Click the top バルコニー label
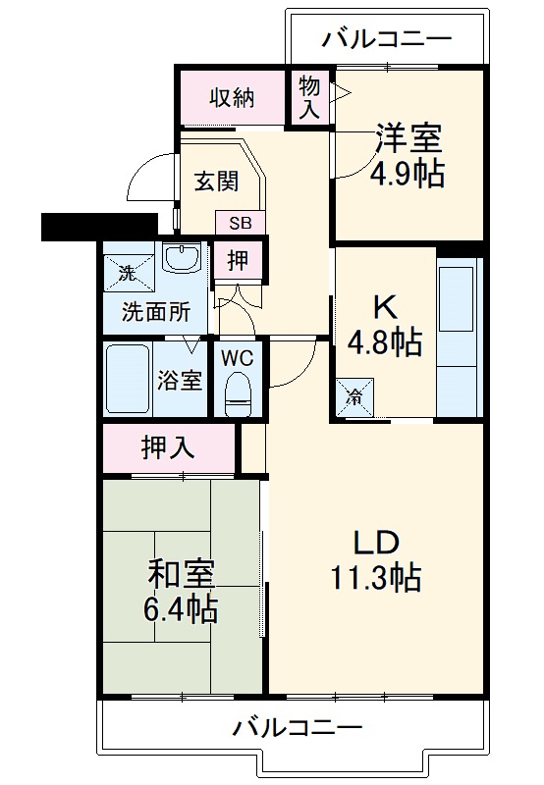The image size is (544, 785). (x=387, y=39)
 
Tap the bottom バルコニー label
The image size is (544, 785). (x=297, y=727)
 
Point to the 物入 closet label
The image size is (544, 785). (x=309, y=97)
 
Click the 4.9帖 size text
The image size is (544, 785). (x=407, y=174)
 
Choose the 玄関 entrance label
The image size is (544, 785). (x=214, y=182)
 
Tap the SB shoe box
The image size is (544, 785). (x=241, y=223)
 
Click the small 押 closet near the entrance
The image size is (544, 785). (x=238, y=260)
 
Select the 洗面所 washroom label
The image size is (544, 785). (x=155, y=313)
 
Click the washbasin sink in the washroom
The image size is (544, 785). (x=182, y=259)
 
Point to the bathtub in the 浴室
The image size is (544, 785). (x=128, y=378)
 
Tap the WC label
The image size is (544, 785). (x=237, y=357)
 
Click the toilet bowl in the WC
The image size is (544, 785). (x=237, y=394)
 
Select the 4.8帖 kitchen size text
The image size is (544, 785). (x=385, y=342)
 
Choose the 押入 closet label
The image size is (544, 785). (x=168, y=448)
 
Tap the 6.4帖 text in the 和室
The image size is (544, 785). (x=183, y=609)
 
